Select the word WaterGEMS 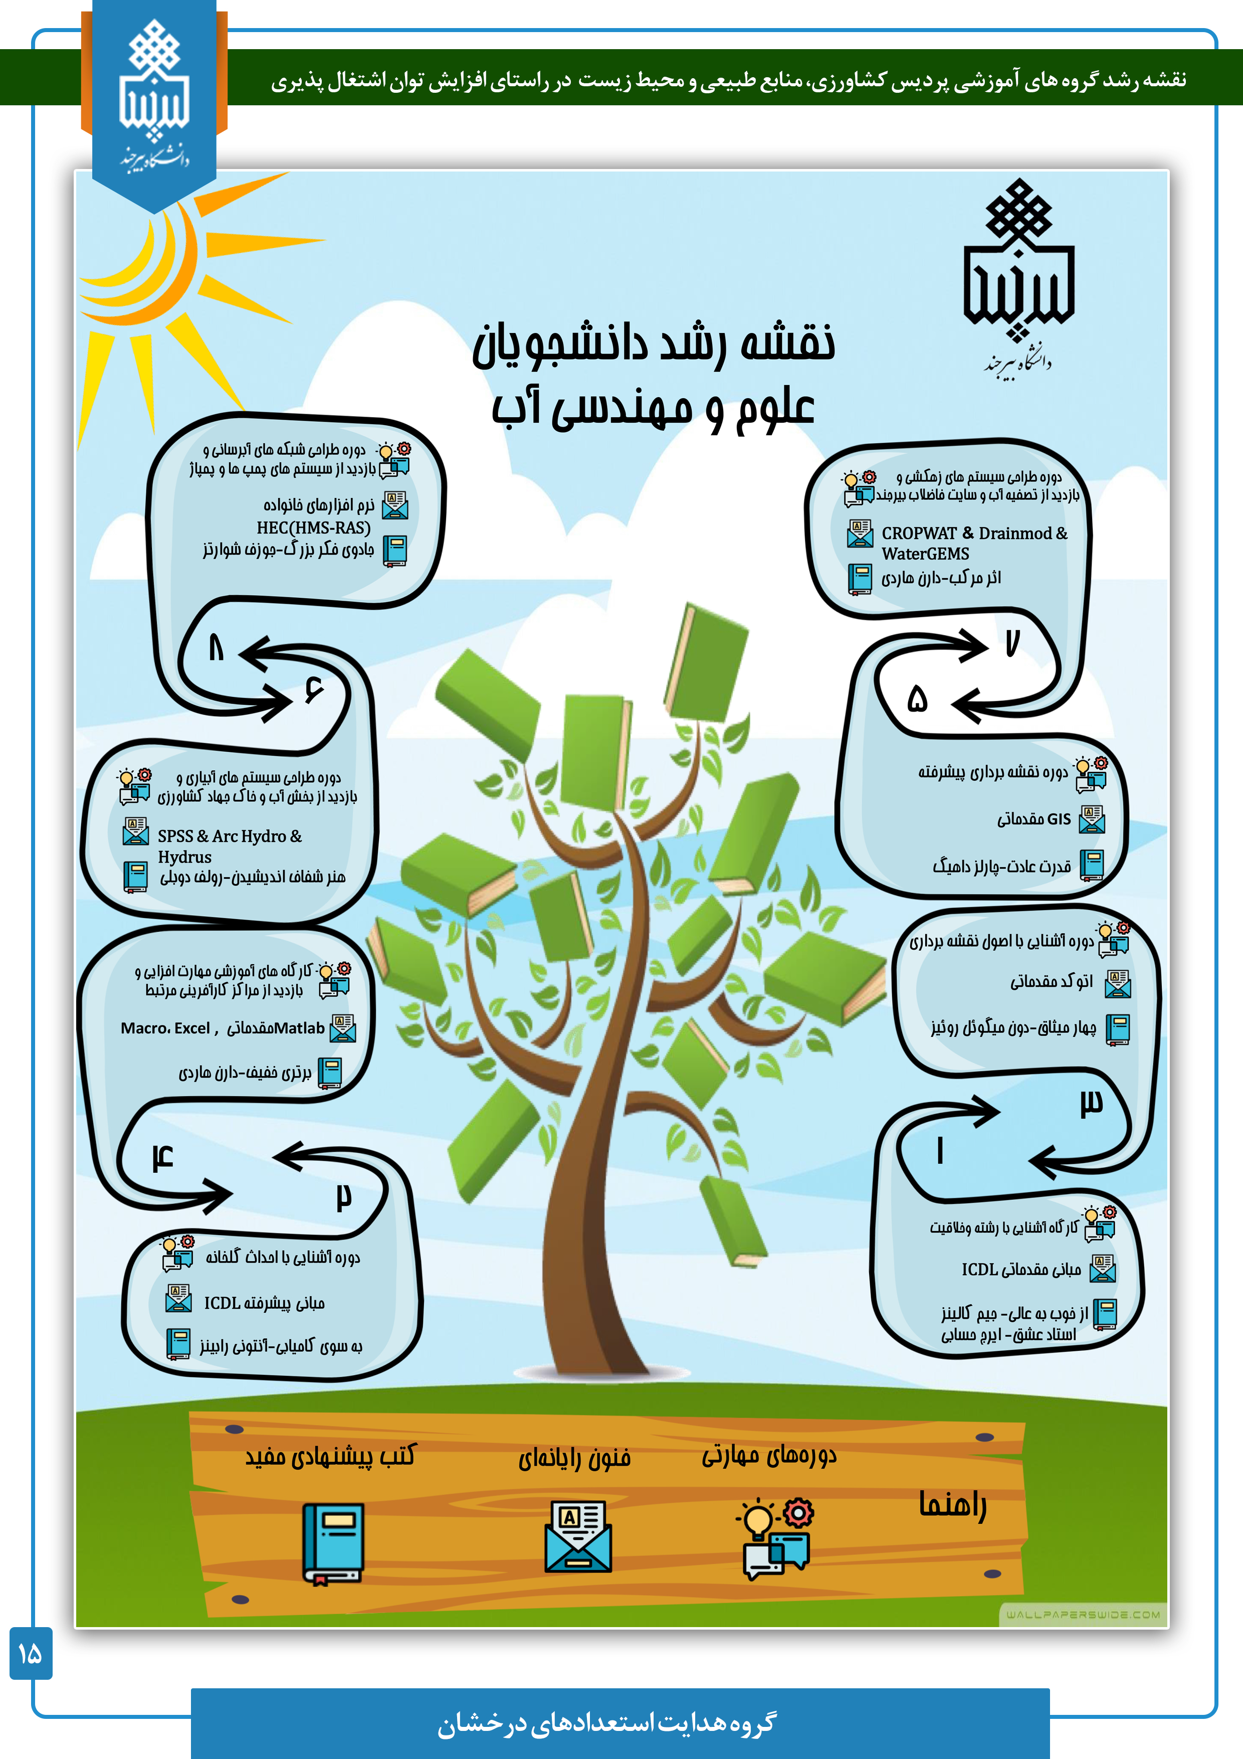(x=925, y=554)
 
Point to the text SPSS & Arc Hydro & (x=230, y=836)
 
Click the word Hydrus (x=184, y=857)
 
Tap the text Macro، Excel (x=165, y=1028)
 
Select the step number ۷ (x=1012, y=643)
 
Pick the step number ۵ (x=917, y=698)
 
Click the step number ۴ (x=162, y=1157)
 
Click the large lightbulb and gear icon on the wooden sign (x=775, y=1537)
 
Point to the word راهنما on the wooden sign (x=953, y=1504)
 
